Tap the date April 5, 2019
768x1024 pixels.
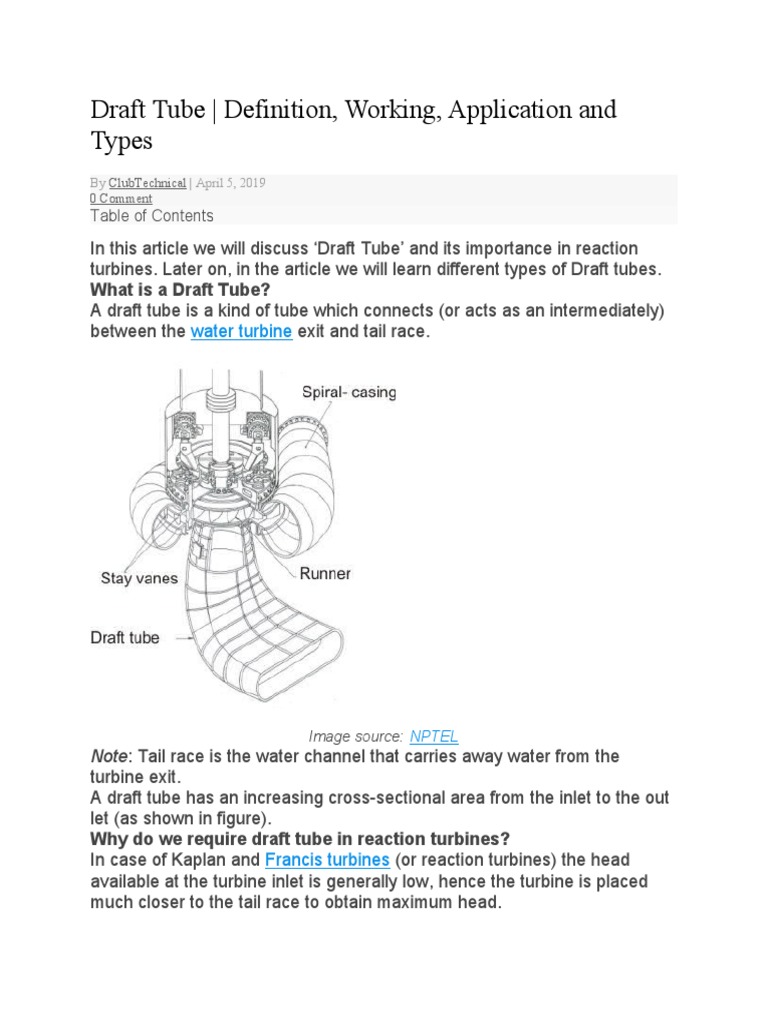230,184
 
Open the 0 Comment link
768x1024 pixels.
121,199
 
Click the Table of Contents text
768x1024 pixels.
151,216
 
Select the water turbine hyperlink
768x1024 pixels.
241,331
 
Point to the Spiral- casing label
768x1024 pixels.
348,393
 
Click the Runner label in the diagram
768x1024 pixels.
325,574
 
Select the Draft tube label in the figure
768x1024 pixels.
125,637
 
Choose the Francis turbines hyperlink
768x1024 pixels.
327,861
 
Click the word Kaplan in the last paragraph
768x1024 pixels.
199,861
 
